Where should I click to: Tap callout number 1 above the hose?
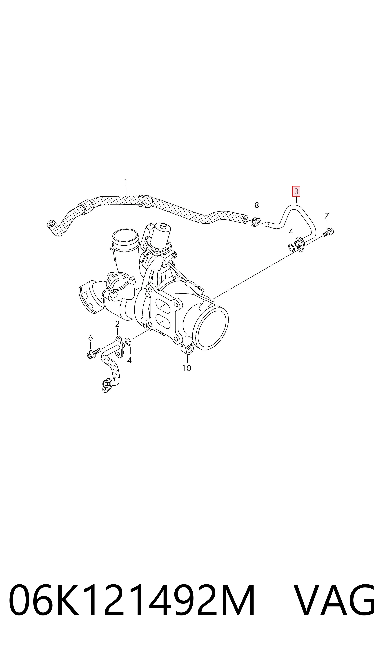tap(126, 183)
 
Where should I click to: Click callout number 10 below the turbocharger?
tap(187, 368)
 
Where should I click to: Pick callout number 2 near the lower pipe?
tap(117, 324)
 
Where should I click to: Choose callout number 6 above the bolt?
tap(90, 338)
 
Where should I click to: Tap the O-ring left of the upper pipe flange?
tap(291, 247)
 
